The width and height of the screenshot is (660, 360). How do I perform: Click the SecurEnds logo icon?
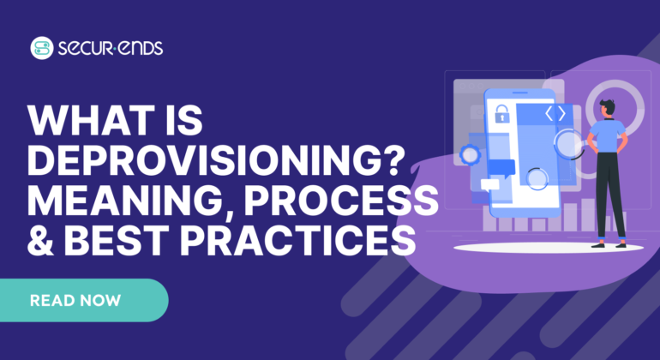pos(40,48)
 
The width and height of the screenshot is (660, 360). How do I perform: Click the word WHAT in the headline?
pos(81,122)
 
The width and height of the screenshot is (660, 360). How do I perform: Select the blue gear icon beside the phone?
pos(470,155)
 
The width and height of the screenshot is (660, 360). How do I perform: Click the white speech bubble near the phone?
pos(489,184)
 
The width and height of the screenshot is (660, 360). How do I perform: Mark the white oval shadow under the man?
pos(549,247)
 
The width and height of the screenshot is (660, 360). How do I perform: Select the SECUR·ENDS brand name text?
pos(111,48)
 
